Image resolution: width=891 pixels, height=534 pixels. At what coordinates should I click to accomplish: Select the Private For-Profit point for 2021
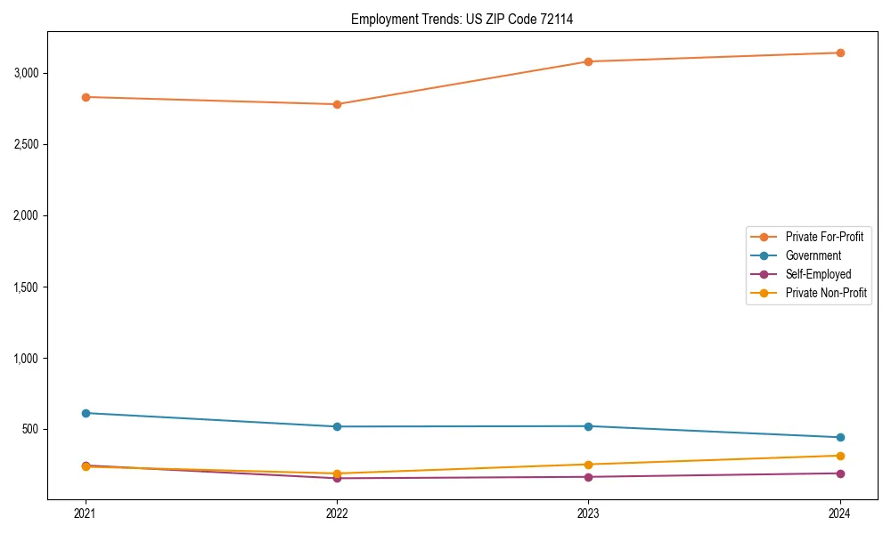(x=86, y=97)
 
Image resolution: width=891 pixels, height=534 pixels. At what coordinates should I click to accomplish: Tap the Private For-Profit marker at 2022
(x=337, y=104)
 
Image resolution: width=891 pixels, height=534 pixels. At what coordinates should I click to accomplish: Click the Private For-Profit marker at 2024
(x=840, y=53)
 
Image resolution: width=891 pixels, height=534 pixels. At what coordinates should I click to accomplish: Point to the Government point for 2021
(x=86, y=413)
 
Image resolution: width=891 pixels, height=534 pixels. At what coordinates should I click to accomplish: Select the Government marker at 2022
(x=337, y=426)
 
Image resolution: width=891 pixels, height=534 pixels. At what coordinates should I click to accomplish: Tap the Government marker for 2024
(x=840, y=437)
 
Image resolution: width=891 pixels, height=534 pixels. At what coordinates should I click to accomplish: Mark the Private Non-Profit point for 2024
(x=840, y=456)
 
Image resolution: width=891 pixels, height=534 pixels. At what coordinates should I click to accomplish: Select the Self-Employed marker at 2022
(x=337, y=479)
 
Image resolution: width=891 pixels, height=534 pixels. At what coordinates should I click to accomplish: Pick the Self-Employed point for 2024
(x=840, y=473)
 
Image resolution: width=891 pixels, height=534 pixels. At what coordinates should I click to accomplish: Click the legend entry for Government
(x=813, y=255)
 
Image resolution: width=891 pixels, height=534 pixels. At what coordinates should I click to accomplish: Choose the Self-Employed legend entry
(x=818, y=274)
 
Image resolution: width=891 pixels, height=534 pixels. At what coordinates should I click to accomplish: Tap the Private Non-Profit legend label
(x=826, y=293)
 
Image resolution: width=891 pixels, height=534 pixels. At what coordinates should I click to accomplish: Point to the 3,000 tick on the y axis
(x=27, y=73)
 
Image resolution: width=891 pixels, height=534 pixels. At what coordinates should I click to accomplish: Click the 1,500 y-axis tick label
(x=27, y=287)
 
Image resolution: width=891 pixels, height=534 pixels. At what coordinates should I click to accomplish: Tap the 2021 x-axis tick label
(x=86, y=514)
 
